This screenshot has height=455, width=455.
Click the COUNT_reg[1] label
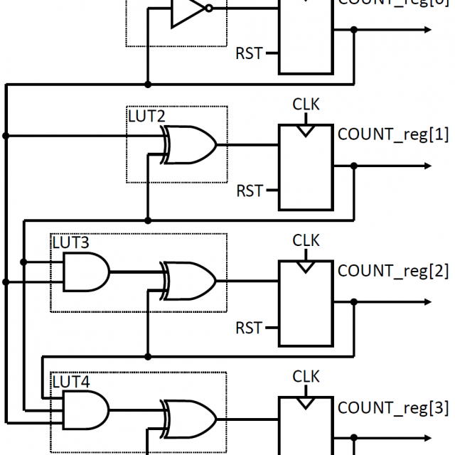click(x=393, y=133)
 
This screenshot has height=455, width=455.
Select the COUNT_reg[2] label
click(x=393, y=270)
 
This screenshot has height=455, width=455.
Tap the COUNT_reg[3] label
click(x=393, y=408)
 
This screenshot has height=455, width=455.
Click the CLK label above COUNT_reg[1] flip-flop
click(x=306, y=105)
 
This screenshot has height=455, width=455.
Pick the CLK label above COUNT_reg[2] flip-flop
click(x=306, y=241)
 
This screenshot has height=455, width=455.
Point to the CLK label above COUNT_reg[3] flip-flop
click(x=306, y=377)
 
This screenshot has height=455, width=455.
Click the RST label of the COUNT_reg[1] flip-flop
click(x=250, y=191)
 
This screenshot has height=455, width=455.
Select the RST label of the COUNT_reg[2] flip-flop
click(x=250, y=328)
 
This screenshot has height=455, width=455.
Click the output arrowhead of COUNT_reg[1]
click(x=426, y=166)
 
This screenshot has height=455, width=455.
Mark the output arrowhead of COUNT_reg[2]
click(x=426, y=303)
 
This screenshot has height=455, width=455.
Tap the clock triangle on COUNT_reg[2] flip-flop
click(x=306, y=267)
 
